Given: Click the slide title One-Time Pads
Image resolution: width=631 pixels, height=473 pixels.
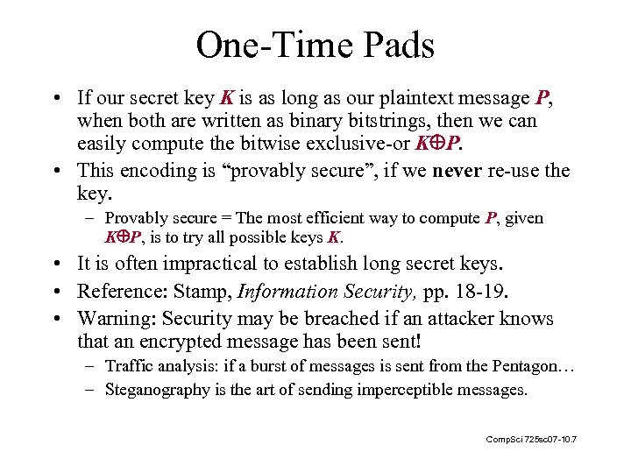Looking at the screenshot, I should coord(315,45).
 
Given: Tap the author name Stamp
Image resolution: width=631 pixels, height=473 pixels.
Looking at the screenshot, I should coord(208,291).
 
